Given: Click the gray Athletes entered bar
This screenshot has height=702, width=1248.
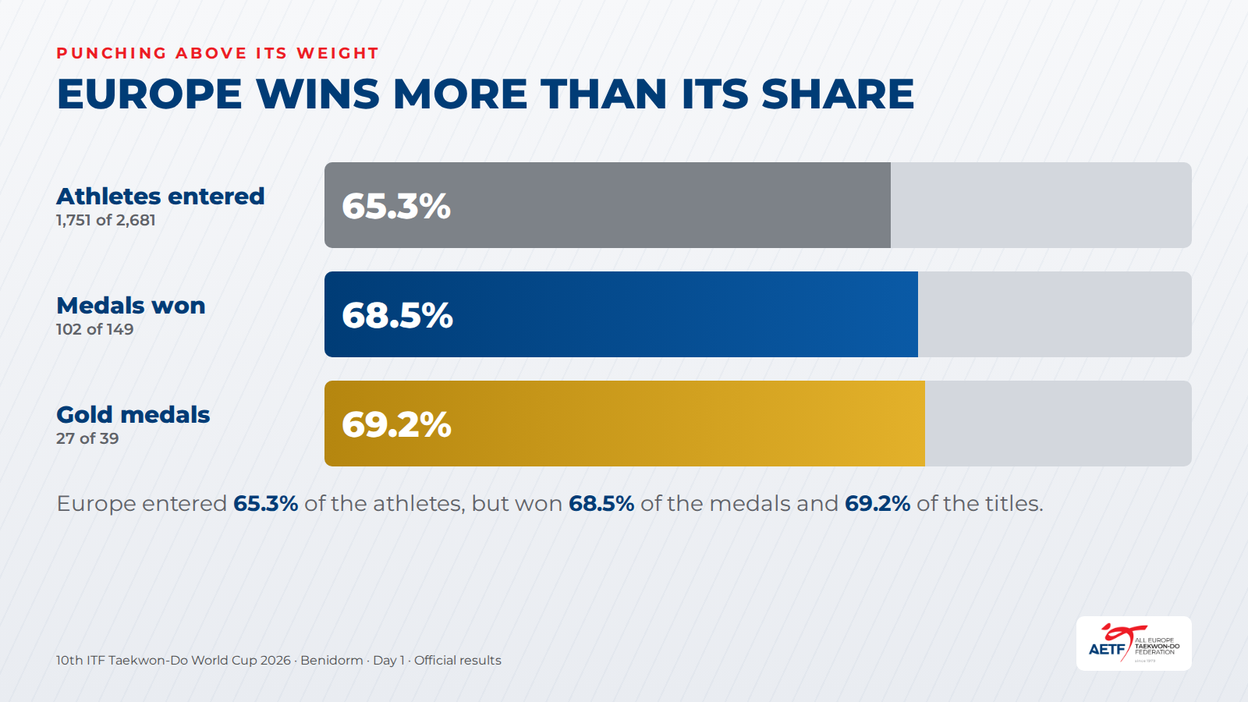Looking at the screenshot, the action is tap(608, 205).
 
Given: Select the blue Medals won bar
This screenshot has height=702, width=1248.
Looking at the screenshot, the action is tap(621, 314).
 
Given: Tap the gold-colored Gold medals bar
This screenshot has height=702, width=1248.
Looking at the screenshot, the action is tap(625, 424).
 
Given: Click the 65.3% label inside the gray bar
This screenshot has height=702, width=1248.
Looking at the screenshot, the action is tap(396, 206).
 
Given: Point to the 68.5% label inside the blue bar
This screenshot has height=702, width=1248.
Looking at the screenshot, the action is tap(397, 315).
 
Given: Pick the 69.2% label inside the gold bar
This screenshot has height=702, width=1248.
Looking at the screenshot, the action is tap(396, 424).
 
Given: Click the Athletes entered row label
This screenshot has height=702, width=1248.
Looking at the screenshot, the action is tap(161, 196).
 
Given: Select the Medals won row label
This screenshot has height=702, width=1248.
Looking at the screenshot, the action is tap(131, 305).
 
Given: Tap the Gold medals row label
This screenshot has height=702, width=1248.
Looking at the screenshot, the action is tap(133, 414).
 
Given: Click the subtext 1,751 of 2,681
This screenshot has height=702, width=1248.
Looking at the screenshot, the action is tap(106, 220).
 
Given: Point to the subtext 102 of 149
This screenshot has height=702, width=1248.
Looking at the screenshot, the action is tap(94, 329).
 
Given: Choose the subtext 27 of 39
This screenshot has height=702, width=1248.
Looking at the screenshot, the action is tap(87, 438).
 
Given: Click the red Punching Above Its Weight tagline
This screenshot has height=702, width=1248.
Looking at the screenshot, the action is tap(218, 53).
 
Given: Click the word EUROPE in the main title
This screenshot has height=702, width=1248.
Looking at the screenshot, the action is tap(149, 94).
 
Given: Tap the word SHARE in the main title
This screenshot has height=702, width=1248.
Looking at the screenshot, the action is tap(838, 94).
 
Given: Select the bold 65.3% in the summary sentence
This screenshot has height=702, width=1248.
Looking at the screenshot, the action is tap(266, 504).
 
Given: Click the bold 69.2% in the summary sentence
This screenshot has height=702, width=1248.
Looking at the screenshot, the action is tap(877, 504).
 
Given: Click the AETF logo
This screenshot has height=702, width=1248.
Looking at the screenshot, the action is tap(1134, 643).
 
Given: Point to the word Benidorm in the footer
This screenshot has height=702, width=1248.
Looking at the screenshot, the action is tap(331, 660).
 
